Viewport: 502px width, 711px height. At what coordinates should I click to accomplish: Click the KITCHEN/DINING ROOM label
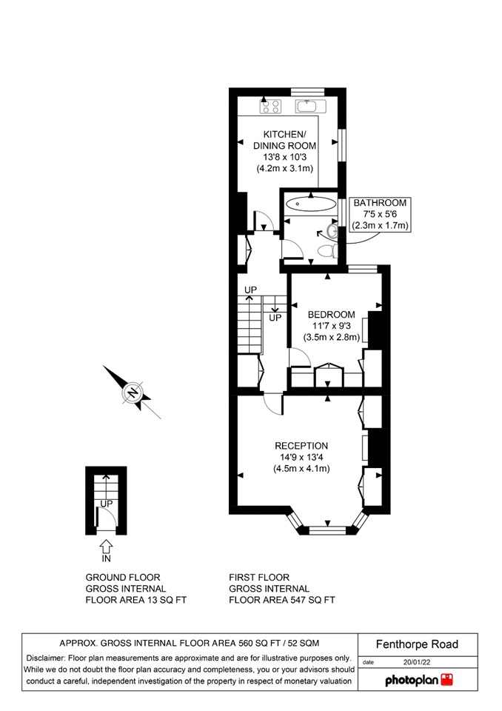pyautogui.click(x=285, y=140)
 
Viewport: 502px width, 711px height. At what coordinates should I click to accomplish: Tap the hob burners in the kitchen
pyautogui.click(x=270, y=107)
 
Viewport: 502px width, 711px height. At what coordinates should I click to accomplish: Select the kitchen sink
pyautogui.click(x=309, y=107)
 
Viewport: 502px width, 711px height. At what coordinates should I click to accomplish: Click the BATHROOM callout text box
pyautogui.click(x=380, y=214)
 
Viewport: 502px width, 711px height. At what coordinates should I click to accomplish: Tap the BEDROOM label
pyautogui.click(x=332, y=314)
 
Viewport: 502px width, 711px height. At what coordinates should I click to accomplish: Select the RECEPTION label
pyautogui.click(x=301, y=446)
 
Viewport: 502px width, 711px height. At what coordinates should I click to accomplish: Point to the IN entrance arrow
pyautogui.click(x=106, y=548)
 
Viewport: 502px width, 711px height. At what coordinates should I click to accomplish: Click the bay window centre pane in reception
pyautogui.click(x=329, y=529)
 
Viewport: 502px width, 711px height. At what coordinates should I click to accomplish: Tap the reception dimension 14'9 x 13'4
pyautogui.click(x=301, y=457)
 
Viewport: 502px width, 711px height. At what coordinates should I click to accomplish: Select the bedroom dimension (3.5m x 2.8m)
pyautogui.click(x=332, y=337)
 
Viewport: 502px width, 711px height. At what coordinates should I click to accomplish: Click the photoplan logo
pyautogui.click(x=418, y=680)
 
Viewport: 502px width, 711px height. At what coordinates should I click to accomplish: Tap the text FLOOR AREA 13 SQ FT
pyautogui.click(x=136, y=601)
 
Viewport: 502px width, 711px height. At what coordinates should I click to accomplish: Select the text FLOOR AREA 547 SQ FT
pyautogui.click(x=283, y=601)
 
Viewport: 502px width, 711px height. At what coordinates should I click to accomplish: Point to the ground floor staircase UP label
pyautogui.click(x=107, y=504)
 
